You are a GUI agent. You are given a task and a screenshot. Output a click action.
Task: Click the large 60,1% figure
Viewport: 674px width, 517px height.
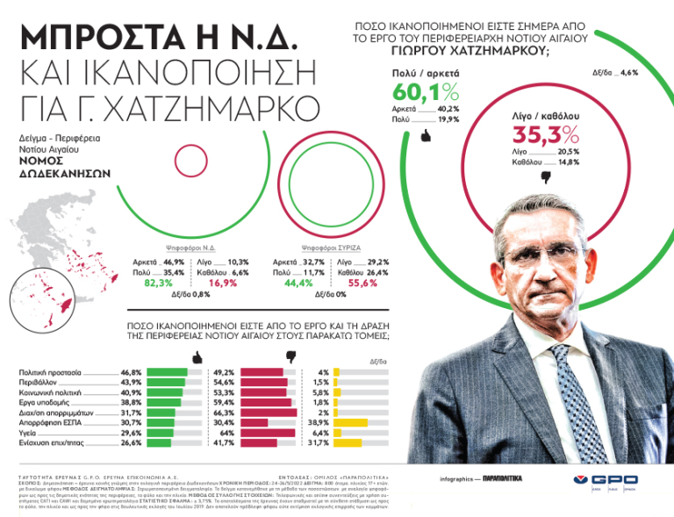pos(426,92)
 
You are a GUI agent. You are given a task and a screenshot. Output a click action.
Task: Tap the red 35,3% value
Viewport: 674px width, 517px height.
pos(545,134)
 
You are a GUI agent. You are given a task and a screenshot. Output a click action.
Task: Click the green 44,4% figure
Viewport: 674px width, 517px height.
pos(298,284)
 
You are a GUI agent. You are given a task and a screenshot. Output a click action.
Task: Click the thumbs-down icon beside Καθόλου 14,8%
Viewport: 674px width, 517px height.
pos(545,176)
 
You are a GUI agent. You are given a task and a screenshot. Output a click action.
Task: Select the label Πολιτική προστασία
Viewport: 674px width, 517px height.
pos(51,372)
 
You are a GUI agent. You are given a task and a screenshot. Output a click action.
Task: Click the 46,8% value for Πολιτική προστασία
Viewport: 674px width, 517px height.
pos(131,372)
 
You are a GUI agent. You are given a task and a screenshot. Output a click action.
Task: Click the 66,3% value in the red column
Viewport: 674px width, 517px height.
pos(224,413)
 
